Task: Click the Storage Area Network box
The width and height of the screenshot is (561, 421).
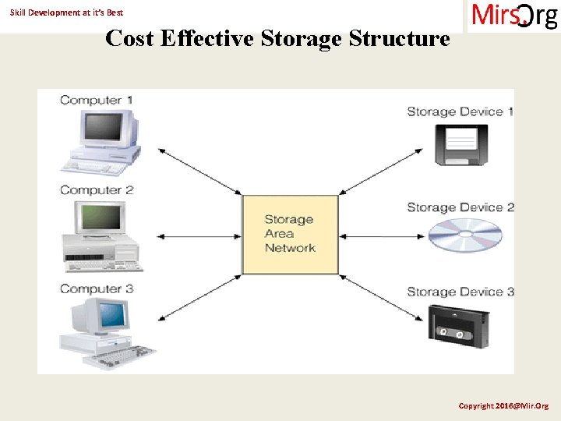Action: (290, 234)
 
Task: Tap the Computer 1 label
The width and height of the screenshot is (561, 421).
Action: (96, 100)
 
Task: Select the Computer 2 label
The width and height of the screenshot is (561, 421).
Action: (97, 189)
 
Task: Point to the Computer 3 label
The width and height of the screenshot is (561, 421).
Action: (97, 288)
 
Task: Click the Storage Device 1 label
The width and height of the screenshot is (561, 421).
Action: (460, 111)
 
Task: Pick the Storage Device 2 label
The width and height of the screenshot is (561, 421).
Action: (460, 207)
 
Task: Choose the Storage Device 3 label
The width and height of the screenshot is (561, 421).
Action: (460, 292)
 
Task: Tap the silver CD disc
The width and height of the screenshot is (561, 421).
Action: (465, 235)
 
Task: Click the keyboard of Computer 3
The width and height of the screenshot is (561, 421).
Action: (117, 359)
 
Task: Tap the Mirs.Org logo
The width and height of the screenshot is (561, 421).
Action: (513, 16)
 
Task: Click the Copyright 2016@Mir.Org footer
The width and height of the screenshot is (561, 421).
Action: (503, 406)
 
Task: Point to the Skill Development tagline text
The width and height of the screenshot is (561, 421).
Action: (66, 12)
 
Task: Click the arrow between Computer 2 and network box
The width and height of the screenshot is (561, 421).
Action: (199, 234)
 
